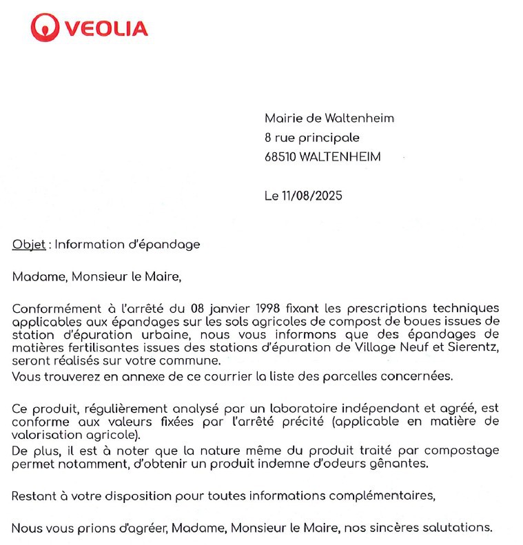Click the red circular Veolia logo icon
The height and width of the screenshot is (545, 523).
click(45, 28)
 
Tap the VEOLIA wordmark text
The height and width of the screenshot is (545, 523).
click(106, 28)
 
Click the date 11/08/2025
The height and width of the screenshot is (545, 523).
click(312, 196)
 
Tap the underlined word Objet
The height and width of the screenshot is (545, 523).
click(29, 244)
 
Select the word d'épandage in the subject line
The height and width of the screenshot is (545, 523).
click(167, 245)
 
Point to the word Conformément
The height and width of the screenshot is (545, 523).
click(53, 308)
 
